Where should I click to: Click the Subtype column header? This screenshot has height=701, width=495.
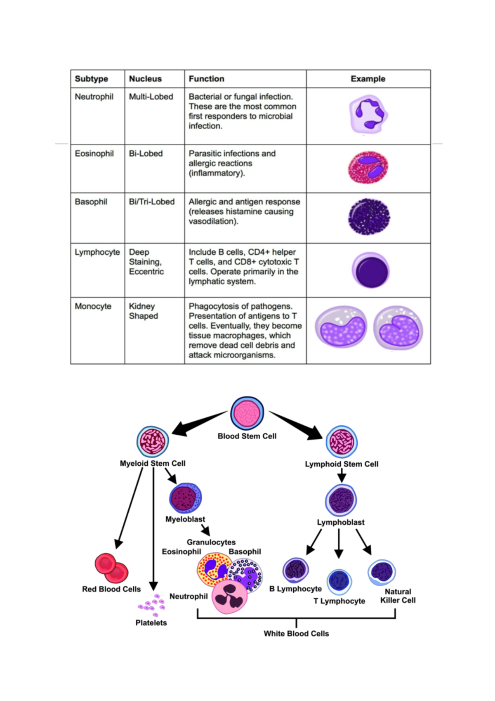tap(92, 79)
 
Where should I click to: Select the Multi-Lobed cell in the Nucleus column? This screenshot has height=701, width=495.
tap(151, 97)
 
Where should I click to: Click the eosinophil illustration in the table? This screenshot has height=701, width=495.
tap(368, 167)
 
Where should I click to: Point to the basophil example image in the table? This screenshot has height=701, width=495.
tap(369, 217)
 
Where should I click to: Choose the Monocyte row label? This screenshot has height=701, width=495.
tap(93, 306)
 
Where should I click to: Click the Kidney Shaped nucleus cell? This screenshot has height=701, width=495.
tap(143, 311)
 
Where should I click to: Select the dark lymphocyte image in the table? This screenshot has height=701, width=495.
tap(371, 270)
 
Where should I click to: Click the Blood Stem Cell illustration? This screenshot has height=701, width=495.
tap(247, 413)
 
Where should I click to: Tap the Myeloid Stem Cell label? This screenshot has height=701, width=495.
tap(153, 463)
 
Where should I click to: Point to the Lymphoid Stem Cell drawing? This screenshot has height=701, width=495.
tap(342, 442)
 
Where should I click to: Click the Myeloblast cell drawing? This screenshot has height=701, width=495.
tap(186, 497)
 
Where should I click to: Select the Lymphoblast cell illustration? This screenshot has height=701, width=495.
tap(341, 500)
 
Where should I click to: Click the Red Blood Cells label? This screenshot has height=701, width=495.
tap(111, 589)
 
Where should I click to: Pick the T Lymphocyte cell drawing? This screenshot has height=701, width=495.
tap(339, 581)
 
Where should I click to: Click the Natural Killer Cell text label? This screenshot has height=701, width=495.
tap(398, 596)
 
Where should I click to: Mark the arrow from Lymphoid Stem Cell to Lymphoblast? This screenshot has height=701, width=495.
tap(342, 476)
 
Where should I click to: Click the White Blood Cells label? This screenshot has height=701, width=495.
tap(296, 633)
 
